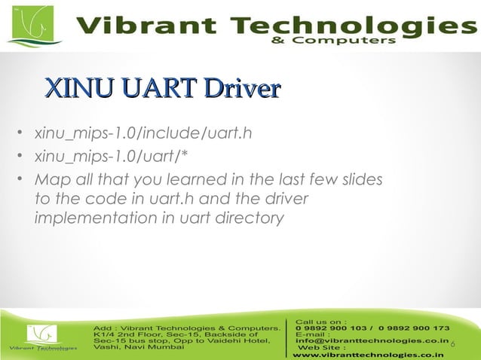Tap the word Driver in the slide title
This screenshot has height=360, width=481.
coord(240,88)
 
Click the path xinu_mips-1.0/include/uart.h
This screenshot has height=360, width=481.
coord(142,135)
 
